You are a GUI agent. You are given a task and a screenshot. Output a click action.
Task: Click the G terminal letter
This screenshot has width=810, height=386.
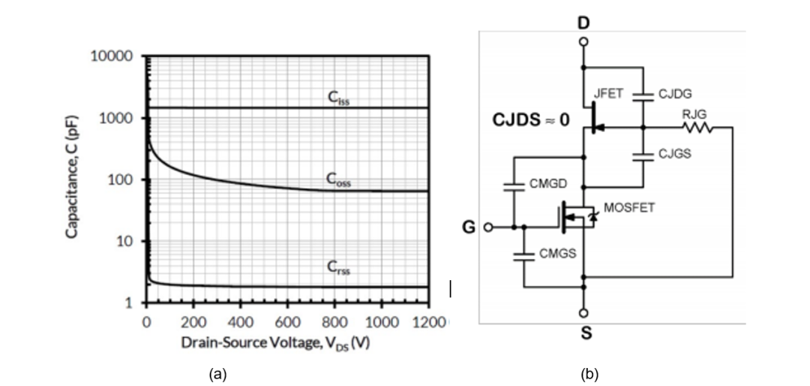pos(469,227)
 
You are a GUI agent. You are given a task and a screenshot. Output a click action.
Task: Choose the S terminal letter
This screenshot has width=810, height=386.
pos(586,334)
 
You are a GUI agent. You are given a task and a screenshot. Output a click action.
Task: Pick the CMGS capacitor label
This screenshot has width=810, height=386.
pos(557,255)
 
